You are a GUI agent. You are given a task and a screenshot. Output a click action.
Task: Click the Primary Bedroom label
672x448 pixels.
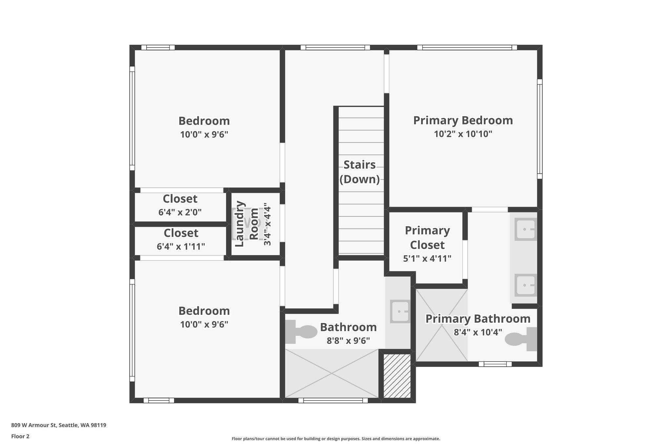click(x=463, y=120)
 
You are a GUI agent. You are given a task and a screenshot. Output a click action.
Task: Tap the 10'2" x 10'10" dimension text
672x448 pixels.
click(x=463, y=134)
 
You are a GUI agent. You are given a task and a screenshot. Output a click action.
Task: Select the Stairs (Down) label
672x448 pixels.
click(x=360, y=172)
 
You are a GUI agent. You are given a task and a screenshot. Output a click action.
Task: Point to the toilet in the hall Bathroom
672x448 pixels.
click(x=301, y=331)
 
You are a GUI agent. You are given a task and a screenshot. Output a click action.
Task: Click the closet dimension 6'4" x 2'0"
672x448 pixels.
click(x=180, y=212)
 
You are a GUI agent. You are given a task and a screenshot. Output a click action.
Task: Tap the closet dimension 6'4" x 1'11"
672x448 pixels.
click(x=181, y=246)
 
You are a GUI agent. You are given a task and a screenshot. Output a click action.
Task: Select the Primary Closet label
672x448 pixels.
click(x=427, y=238)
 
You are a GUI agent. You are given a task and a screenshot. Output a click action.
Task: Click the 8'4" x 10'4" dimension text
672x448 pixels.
click(x=478, y=332)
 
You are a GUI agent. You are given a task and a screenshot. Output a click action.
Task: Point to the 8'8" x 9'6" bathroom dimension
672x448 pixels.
click(x=348, y=341)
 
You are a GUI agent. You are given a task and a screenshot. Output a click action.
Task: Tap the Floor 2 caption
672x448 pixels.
click(x=20, y=437)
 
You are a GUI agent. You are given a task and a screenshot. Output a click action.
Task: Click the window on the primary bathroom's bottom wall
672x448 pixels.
click(x=495, y=364)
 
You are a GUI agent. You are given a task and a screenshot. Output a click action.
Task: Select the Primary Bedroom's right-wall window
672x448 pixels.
click(x=539, y=129)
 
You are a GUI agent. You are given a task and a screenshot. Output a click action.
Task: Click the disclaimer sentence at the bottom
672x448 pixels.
click(x=336, y=439)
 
